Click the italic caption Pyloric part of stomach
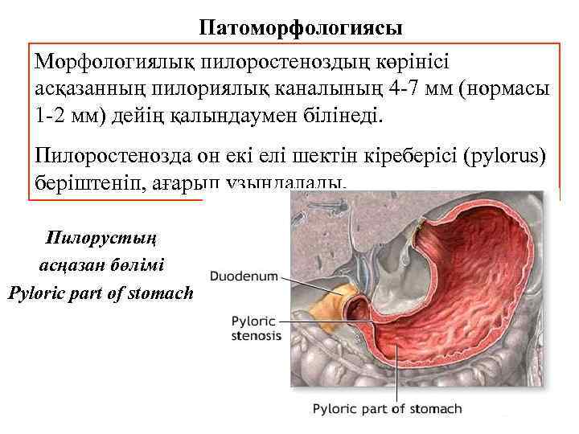(x=101, y=293)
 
